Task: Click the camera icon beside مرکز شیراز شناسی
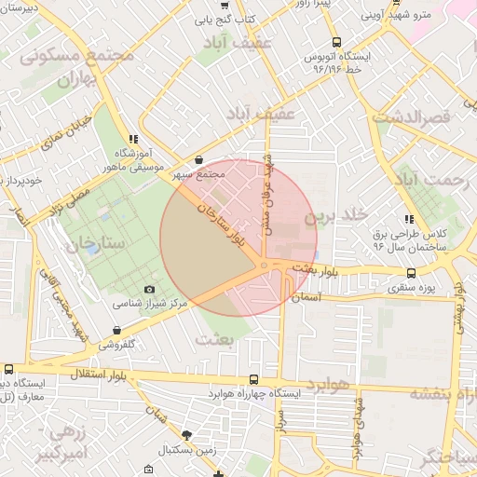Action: coord(151,291)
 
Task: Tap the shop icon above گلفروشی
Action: coord(116,330)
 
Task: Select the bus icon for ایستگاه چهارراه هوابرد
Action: coord(255,379)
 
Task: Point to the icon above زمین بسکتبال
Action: coord(187,435)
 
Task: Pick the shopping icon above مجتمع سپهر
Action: coord(200,160)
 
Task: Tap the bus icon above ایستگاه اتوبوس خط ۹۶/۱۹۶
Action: coord(336,42)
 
